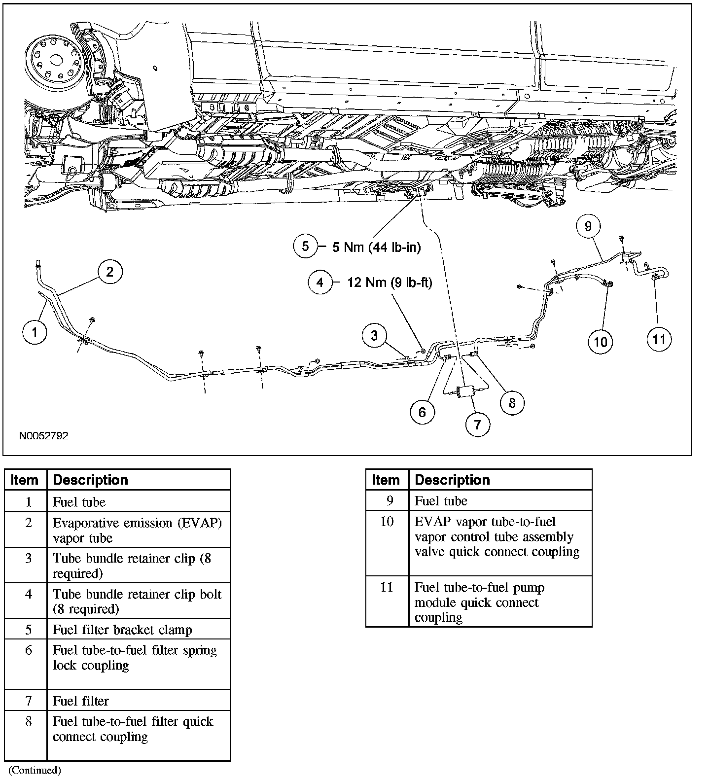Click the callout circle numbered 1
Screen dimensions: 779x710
(x=35, y=332)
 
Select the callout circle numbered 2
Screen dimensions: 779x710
(x=109, y=272)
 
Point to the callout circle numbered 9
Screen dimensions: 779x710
(x=588, y=226)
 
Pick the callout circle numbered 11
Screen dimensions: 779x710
(x=659, y=339)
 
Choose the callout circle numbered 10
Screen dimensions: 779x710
(x=601, y=341)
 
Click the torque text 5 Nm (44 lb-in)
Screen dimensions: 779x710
(x=376, y=247)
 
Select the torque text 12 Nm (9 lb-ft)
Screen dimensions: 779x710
(x=389, y=283)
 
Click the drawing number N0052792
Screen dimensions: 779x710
(x=44, y=436)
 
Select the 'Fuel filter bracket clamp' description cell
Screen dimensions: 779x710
(x=122, y=630)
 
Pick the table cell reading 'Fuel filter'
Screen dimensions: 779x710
(x=81, y=701)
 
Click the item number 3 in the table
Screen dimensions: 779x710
(x=29, y=559)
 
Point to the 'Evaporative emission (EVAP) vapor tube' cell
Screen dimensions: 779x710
(x=137, y=530)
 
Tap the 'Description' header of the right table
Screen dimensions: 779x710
(x=452, y=480)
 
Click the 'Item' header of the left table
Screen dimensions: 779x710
(x=25, y=480)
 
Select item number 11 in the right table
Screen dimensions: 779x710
(x=387, y=588)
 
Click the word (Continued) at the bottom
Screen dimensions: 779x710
(x=35, y=770)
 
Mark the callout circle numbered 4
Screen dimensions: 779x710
(x=320, y=283)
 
